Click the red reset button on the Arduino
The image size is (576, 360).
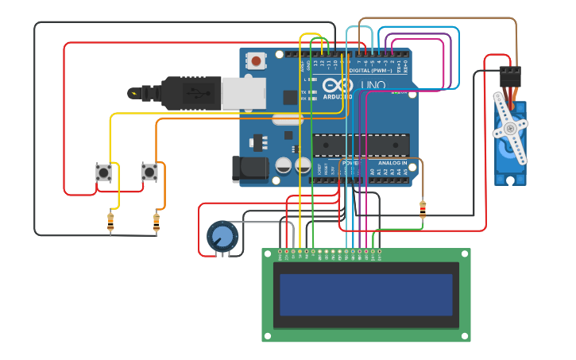[256, 60]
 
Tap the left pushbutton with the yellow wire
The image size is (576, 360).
[103, 172]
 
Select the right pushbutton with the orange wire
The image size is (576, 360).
[149, 172]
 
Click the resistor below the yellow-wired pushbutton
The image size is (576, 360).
[110, 223]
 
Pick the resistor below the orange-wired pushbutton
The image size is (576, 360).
[157, 223]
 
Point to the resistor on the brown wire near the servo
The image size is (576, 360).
[422, 210]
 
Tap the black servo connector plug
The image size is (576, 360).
[509, 77]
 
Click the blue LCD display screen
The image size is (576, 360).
[366, 295]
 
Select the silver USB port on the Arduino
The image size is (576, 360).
[243, 93]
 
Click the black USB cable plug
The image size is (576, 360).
[191, 92]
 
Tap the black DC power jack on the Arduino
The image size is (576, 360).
[245, 169]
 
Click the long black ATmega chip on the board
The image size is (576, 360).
[361, 145]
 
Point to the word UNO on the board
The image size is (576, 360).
[373, 85]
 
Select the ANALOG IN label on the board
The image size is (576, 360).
[389, 163]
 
